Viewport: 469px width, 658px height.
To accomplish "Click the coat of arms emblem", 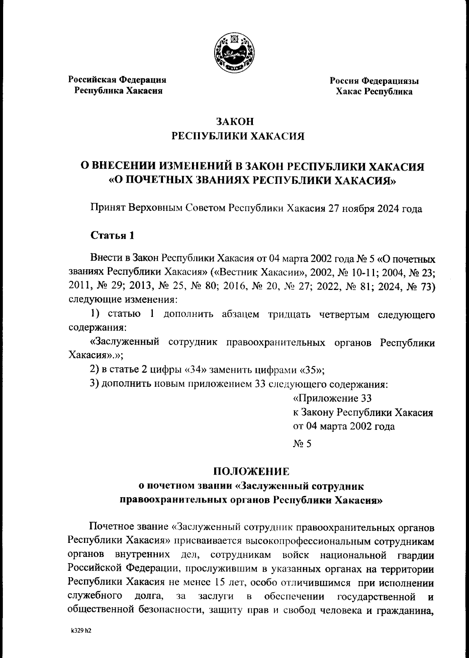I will (x=234, y=53).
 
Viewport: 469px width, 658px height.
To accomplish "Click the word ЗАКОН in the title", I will (x=235, y=121).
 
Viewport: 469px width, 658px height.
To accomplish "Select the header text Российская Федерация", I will (x=118, y=80).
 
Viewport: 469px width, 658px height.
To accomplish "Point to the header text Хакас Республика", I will (x=374, y=92).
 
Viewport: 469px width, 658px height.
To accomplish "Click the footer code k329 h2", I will (x=81, y=631).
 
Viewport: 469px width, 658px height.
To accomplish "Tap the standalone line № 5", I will (x=302, y=444).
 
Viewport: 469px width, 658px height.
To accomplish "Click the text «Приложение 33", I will (x=332, y=398).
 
